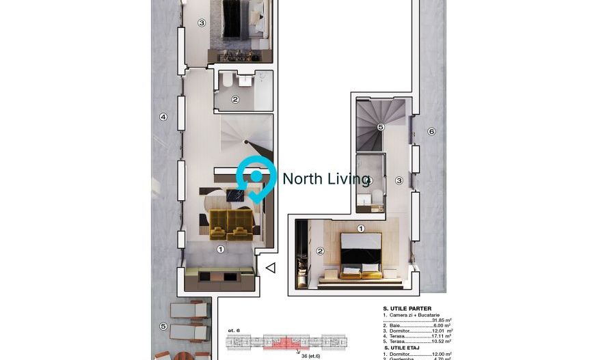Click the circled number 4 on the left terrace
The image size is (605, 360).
click(163, 117)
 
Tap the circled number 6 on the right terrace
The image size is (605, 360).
click(431, 132)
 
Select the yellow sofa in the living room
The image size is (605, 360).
click(230, 223)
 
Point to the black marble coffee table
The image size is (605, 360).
click(235, 195)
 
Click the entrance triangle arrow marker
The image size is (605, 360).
click(271, 268)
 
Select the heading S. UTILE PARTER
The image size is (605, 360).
click(407, 308)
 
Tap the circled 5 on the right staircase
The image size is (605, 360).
click(381, 127)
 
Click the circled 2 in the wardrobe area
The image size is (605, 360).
click(319, 251)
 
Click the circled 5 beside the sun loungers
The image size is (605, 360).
click(163, 327)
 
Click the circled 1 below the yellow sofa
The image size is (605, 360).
click(220, 249)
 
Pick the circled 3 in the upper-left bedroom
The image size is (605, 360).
click(202, 23)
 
